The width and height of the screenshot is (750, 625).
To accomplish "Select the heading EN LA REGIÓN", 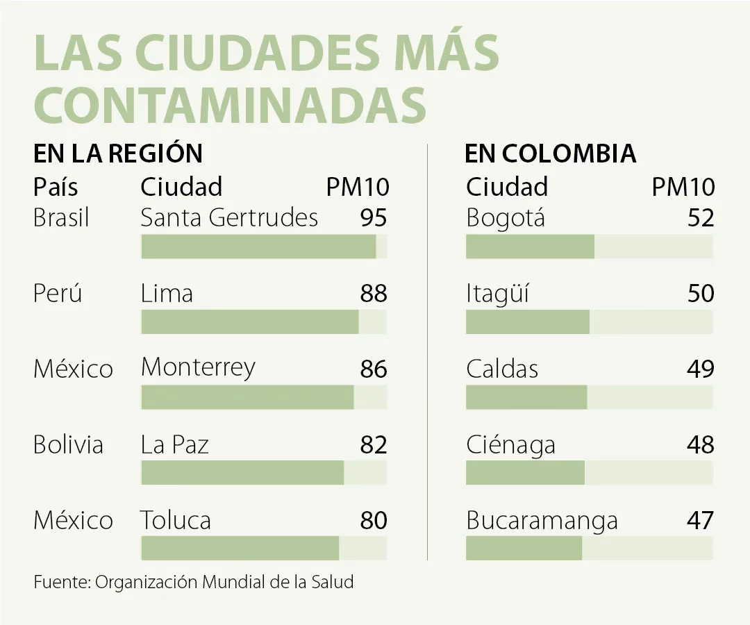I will (x=118, y=153).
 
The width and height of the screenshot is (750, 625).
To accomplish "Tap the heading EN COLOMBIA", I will (x=550, y=153).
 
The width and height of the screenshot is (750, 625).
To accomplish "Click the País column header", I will (x=56, y=187).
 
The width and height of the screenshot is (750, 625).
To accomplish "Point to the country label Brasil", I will (x=61, y=218).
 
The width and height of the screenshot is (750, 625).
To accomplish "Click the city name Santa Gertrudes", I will (x=229, y=218).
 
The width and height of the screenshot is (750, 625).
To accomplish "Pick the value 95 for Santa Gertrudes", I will (x=374, y=218).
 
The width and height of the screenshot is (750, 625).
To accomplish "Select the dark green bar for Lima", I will (x=250, y=322).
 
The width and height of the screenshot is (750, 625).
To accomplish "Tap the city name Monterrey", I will (x=198, y=367).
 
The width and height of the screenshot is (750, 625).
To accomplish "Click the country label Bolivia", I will (x=68, y=444).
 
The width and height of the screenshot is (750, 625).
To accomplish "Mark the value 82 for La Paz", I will (x=374, y=444).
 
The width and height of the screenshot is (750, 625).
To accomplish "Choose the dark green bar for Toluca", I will (x=240, y=548).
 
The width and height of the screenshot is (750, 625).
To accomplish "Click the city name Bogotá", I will (x=506, y=218).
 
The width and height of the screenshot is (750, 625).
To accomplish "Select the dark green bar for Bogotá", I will (x=530, y=247).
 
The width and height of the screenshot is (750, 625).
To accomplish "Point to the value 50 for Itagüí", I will (x=701, y=293).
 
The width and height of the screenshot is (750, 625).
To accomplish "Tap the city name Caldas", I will (x=502, y=369).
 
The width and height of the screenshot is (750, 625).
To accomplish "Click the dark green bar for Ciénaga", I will (x=525, y=473).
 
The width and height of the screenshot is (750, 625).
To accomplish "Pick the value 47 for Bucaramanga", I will (x=701, y=520).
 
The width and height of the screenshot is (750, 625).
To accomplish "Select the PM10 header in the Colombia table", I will (x=683, y=187).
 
